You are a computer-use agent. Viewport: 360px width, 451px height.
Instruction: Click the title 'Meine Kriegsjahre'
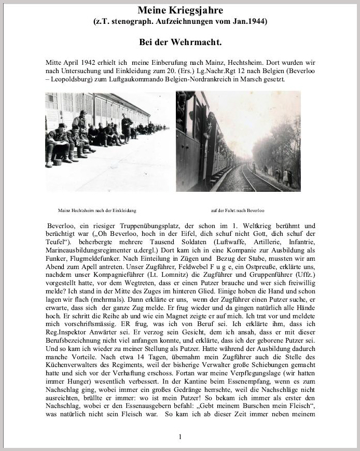point(180,10)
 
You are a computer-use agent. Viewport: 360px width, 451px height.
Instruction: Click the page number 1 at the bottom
point(180,437)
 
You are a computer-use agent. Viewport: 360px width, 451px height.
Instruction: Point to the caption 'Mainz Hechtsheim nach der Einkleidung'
point(98,210)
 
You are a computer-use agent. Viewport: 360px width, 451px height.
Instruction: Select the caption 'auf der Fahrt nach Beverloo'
point(238,210)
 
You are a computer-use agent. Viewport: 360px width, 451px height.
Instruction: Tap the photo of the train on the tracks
point(238,141)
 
